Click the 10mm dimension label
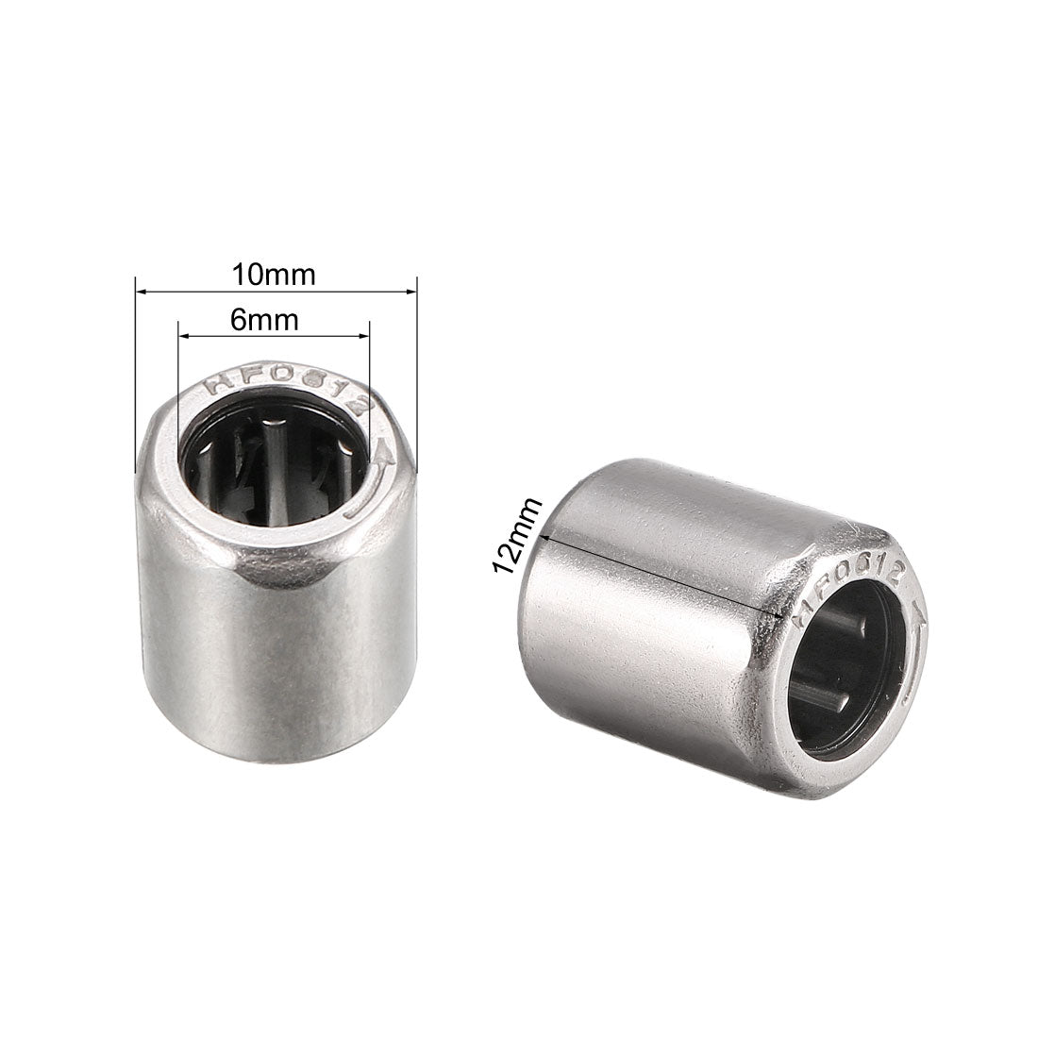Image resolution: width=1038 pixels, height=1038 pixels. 275,276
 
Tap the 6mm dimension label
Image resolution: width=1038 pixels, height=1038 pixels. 264,321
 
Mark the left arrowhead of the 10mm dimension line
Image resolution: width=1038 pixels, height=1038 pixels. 140,293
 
